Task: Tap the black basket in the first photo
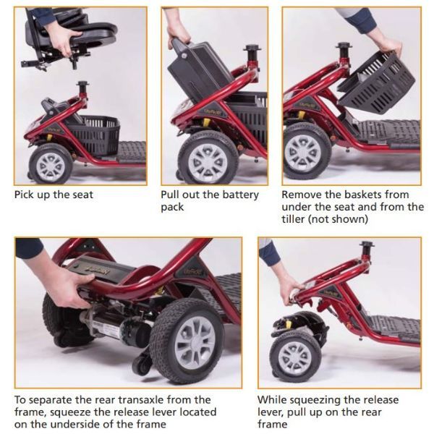click(x=98, y=135)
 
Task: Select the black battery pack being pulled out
click(x=199, y=69)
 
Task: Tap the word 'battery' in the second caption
click(x=232, y=195)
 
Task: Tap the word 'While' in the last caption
click(x=273, y=399)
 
